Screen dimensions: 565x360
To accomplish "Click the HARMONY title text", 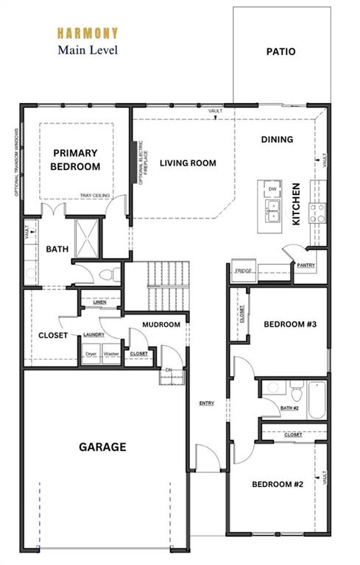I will [87, 33].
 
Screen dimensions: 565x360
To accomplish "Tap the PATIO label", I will [280, 51].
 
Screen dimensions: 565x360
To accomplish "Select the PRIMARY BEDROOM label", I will [75, 160].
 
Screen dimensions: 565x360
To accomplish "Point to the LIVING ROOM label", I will [188, 163].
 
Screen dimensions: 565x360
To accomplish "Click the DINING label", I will [277, 139].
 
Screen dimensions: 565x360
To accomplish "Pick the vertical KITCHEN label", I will [296, 204].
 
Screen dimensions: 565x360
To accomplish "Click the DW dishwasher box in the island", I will [272, 190].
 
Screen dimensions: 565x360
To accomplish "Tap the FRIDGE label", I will [243, 271].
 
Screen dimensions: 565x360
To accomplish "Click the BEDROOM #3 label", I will [289, 324].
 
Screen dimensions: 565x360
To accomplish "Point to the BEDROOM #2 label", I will [278, 484].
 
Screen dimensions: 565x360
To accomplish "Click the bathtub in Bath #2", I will [317, 399].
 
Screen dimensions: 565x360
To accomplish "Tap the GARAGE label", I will [102, 447].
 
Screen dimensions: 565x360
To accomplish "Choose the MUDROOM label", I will [161, 324].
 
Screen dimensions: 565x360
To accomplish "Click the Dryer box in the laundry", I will [91, 354].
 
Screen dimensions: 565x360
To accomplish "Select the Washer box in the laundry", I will [112, 354].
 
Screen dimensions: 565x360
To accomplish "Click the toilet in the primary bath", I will [110, 275].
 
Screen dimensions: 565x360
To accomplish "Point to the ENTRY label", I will [206, 403].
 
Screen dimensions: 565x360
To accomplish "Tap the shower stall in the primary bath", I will [86, 237].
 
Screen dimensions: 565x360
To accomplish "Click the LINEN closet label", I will [100, 302].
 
